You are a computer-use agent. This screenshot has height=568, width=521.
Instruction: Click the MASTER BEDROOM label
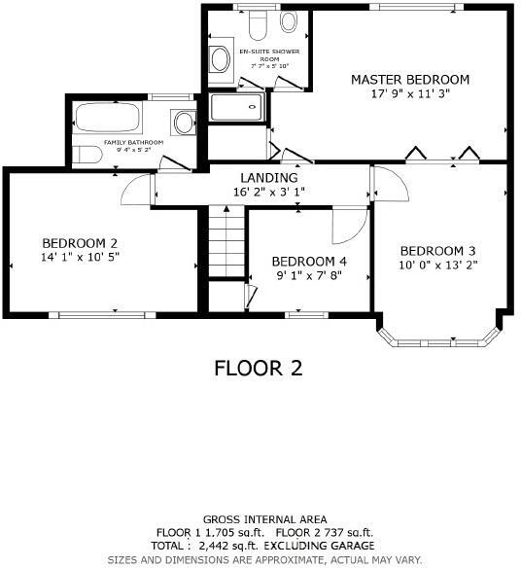[409, 80]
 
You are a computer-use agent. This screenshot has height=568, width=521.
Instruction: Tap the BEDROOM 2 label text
[80, 243]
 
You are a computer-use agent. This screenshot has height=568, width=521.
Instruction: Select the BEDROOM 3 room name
[437, 248]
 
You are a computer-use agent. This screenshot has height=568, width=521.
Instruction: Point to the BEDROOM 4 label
[308, 261]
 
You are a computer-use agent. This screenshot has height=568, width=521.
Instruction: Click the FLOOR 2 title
[258, 368]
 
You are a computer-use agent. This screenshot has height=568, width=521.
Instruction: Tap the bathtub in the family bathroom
[108, 120]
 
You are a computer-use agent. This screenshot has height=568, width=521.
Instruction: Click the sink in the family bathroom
[182, 123]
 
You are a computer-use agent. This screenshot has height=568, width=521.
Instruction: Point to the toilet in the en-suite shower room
[258, 20]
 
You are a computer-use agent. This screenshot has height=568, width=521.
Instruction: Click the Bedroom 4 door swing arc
[345, 227]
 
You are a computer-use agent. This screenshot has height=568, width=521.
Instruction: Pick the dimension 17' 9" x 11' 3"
[409, 94]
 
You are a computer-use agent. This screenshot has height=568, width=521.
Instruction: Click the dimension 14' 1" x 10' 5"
[80, 258]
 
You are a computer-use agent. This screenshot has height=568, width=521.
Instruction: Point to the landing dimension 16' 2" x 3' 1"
[269, 193]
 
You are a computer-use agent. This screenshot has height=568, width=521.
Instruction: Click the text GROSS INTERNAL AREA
[264, 519]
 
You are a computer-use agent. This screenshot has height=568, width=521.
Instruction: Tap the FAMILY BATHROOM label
[133, 142]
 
